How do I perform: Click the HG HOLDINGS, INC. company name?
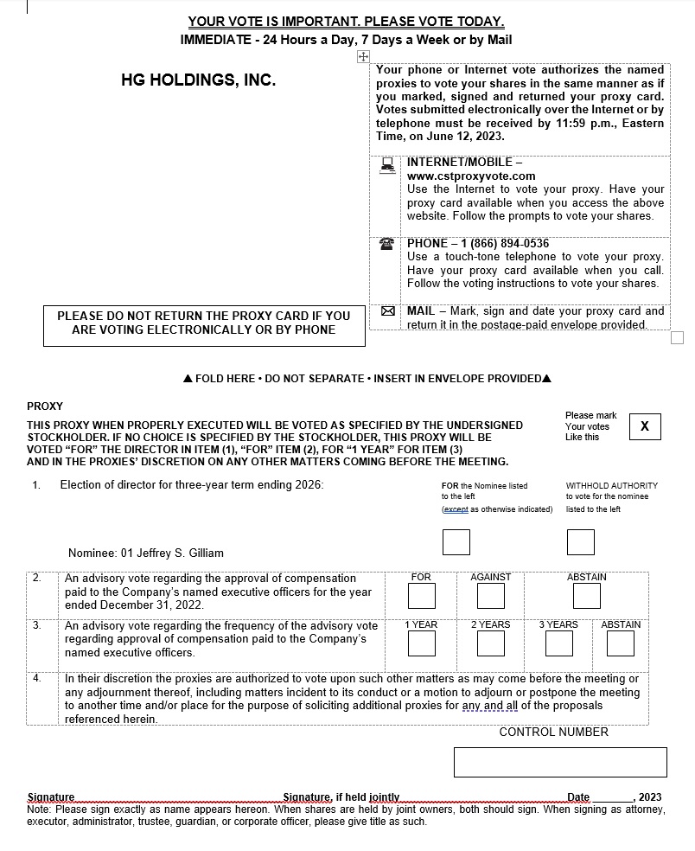pos(198,80)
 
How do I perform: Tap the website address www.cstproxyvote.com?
pos(471,176)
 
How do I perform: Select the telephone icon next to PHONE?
pos(387,245)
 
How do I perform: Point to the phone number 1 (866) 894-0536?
pos(497,243)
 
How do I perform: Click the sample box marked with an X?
pos(645,426)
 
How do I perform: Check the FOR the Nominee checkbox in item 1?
pos(456,542)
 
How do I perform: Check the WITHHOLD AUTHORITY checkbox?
pos(581,542)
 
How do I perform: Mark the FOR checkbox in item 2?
pos(421,596)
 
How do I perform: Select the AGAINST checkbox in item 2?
pos(490,596)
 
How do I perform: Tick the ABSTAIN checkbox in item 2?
pos(586,596)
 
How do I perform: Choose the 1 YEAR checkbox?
pos(421,643)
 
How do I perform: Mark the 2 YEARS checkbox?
pos(490,643)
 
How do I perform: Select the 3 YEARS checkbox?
pos(558,643)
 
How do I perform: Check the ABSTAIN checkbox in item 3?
pos(621,643)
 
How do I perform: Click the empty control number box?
pos(560,762)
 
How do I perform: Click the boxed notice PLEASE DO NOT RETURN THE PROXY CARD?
pos(204,323)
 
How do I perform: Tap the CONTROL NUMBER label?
pos(553,732)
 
